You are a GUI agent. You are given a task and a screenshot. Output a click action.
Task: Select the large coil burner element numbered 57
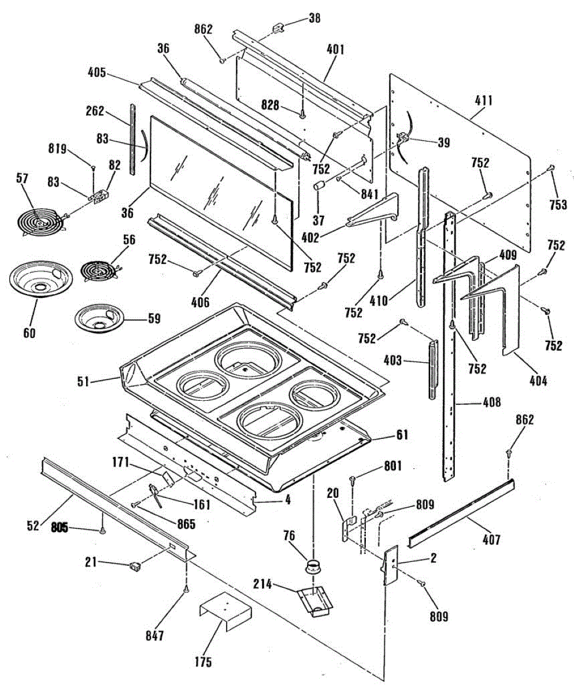(39, 221)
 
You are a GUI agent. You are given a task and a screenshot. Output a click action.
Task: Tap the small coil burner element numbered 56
(98, 270)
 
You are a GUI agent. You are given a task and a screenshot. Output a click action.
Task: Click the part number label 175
(203, 662)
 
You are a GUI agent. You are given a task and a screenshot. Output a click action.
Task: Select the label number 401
(335, 50)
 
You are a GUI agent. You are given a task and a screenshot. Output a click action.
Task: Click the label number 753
(558, 204)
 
